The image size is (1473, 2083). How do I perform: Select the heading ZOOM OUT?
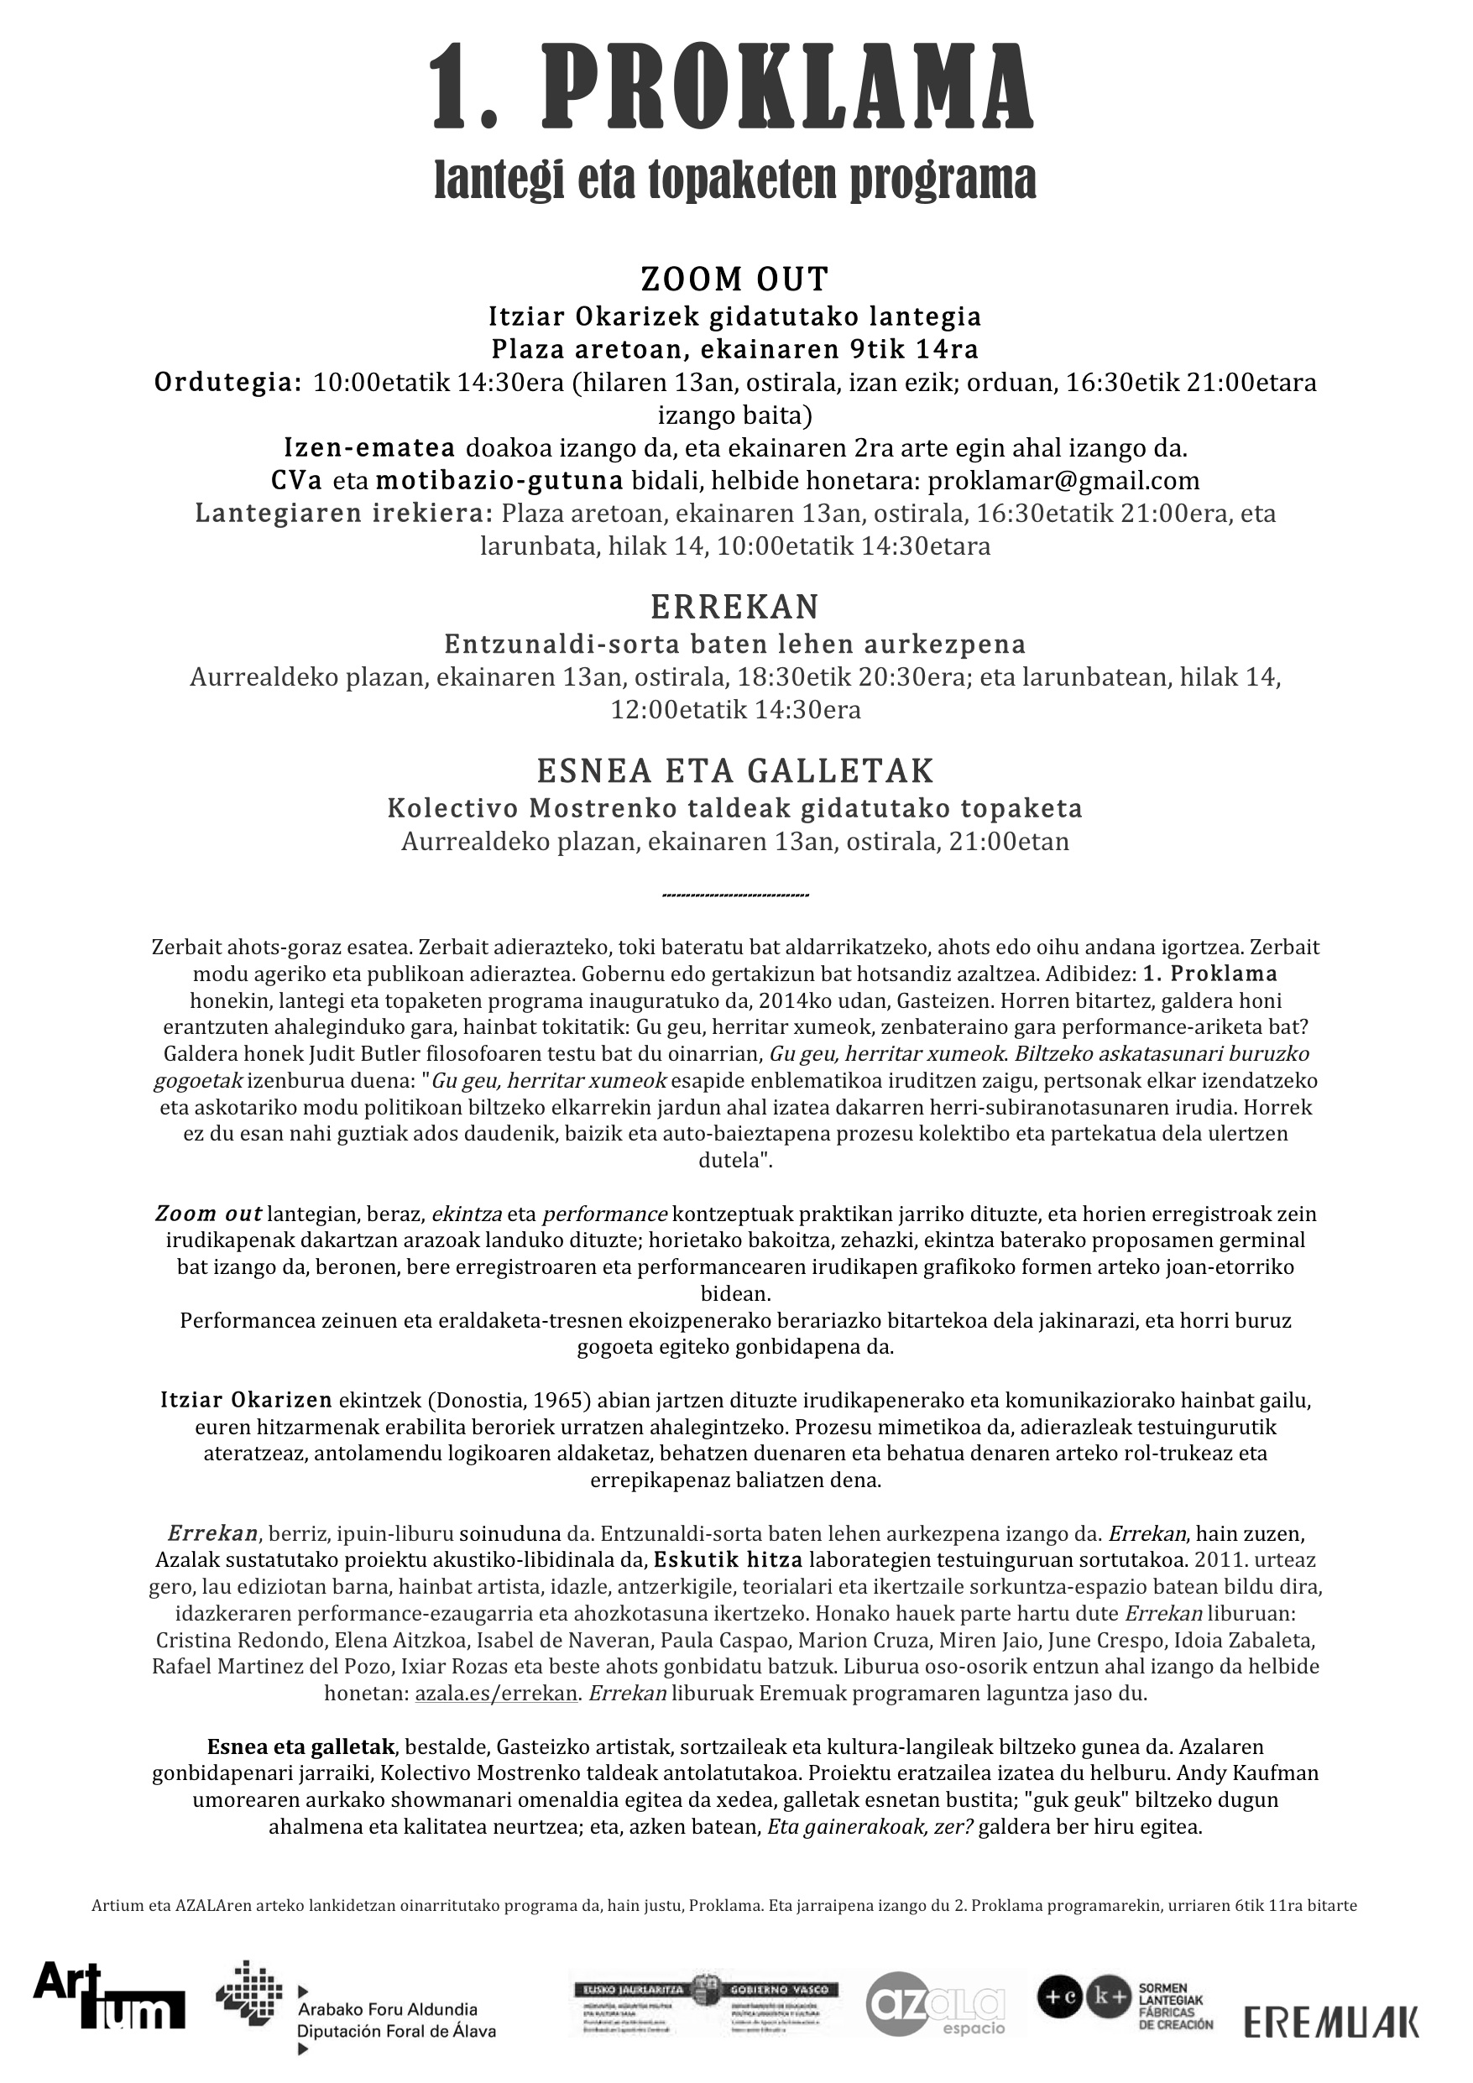[x=735, y=279]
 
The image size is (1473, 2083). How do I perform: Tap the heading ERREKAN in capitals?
[x=735, y=606]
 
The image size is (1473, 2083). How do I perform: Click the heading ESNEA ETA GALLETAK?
[x=735, y=771]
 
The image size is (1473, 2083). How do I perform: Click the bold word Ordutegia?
[x=227, y=383]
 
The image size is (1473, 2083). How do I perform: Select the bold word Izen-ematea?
[x=369, y=448]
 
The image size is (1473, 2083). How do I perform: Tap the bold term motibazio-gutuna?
[x=499, y=481]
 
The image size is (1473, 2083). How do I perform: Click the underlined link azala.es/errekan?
[x=496, y=1694]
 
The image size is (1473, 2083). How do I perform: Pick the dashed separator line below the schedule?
[x=735, y=896]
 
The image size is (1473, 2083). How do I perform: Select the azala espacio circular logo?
[x=935, y=2003]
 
